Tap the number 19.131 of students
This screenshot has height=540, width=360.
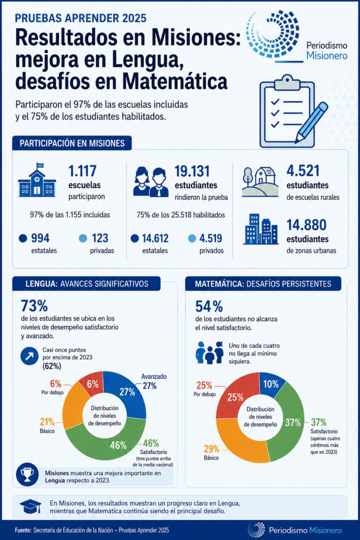(192, 171)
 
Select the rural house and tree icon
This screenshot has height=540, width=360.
(260, 182)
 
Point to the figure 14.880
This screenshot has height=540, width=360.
(306, 225)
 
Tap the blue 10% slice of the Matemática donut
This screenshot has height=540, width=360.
(272, 383)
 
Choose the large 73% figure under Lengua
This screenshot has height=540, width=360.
(34, 306)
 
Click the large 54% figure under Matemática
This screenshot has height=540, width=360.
(209, 306)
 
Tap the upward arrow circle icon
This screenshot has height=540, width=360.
(30, 356)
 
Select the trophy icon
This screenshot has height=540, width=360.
(27, 475)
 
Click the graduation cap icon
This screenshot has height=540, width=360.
(31, 506)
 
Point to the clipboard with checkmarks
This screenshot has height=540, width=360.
(288, 111)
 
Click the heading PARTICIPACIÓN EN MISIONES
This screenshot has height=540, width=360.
(72, 143)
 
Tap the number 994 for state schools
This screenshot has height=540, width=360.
(40, 238)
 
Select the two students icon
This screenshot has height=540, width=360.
(151, 182)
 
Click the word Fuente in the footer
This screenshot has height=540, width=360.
(23, 531)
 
